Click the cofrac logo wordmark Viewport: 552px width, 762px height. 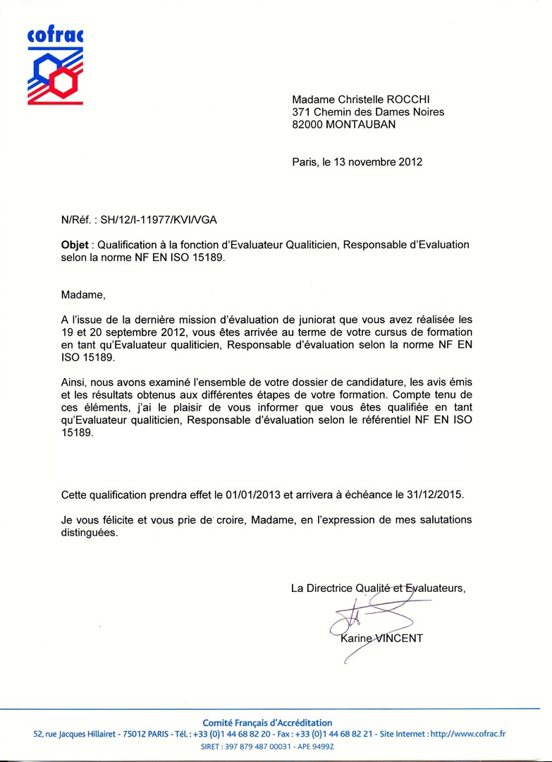coord(55,35)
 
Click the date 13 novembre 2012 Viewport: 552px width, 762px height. coord(378,162)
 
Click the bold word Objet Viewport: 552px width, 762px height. coord(75,245)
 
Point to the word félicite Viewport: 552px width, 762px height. coord(116,520)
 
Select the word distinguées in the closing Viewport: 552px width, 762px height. coord(90,533)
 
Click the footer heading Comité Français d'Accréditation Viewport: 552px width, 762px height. coord(267,722)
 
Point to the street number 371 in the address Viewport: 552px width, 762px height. coord(302,111)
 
